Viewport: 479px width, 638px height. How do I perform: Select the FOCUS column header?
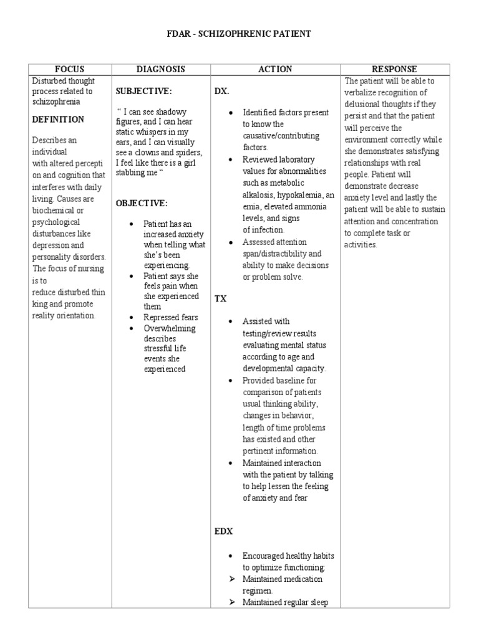point(69,69)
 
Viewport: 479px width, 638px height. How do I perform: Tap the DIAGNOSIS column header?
point(161,69)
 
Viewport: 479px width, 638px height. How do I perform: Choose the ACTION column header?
point(275,69)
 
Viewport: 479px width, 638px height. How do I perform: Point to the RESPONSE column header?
point(394,69)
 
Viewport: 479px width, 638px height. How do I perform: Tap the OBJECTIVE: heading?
point(142,203)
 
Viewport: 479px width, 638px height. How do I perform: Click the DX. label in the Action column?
point(222,91)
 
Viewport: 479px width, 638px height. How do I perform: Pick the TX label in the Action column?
point(221,298)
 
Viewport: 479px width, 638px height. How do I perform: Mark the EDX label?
point(223,531)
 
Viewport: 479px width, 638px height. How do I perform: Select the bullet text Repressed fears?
point(170,318)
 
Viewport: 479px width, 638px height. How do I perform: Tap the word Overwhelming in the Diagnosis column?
point(169,328)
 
